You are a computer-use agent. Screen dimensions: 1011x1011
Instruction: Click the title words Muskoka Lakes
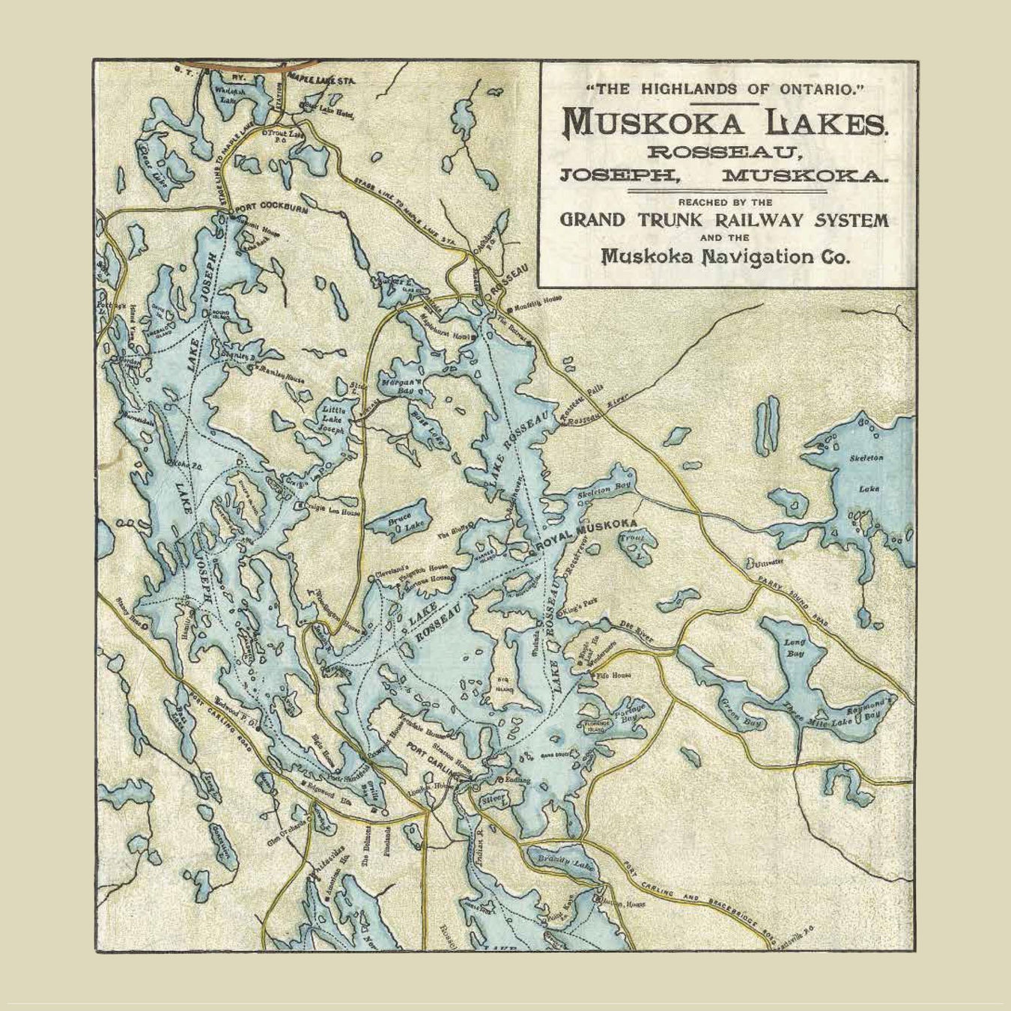coord(726,121)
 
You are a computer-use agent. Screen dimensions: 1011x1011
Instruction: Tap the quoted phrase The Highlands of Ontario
coord(726,89)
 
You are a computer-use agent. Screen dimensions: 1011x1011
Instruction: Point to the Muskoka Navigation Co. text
coord(726,257)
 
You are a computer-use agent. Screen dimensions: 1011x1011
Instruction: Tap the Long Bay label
coord(794,648)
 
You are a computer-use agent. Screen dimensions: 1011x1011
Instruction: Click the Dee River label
coord(637,633)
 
